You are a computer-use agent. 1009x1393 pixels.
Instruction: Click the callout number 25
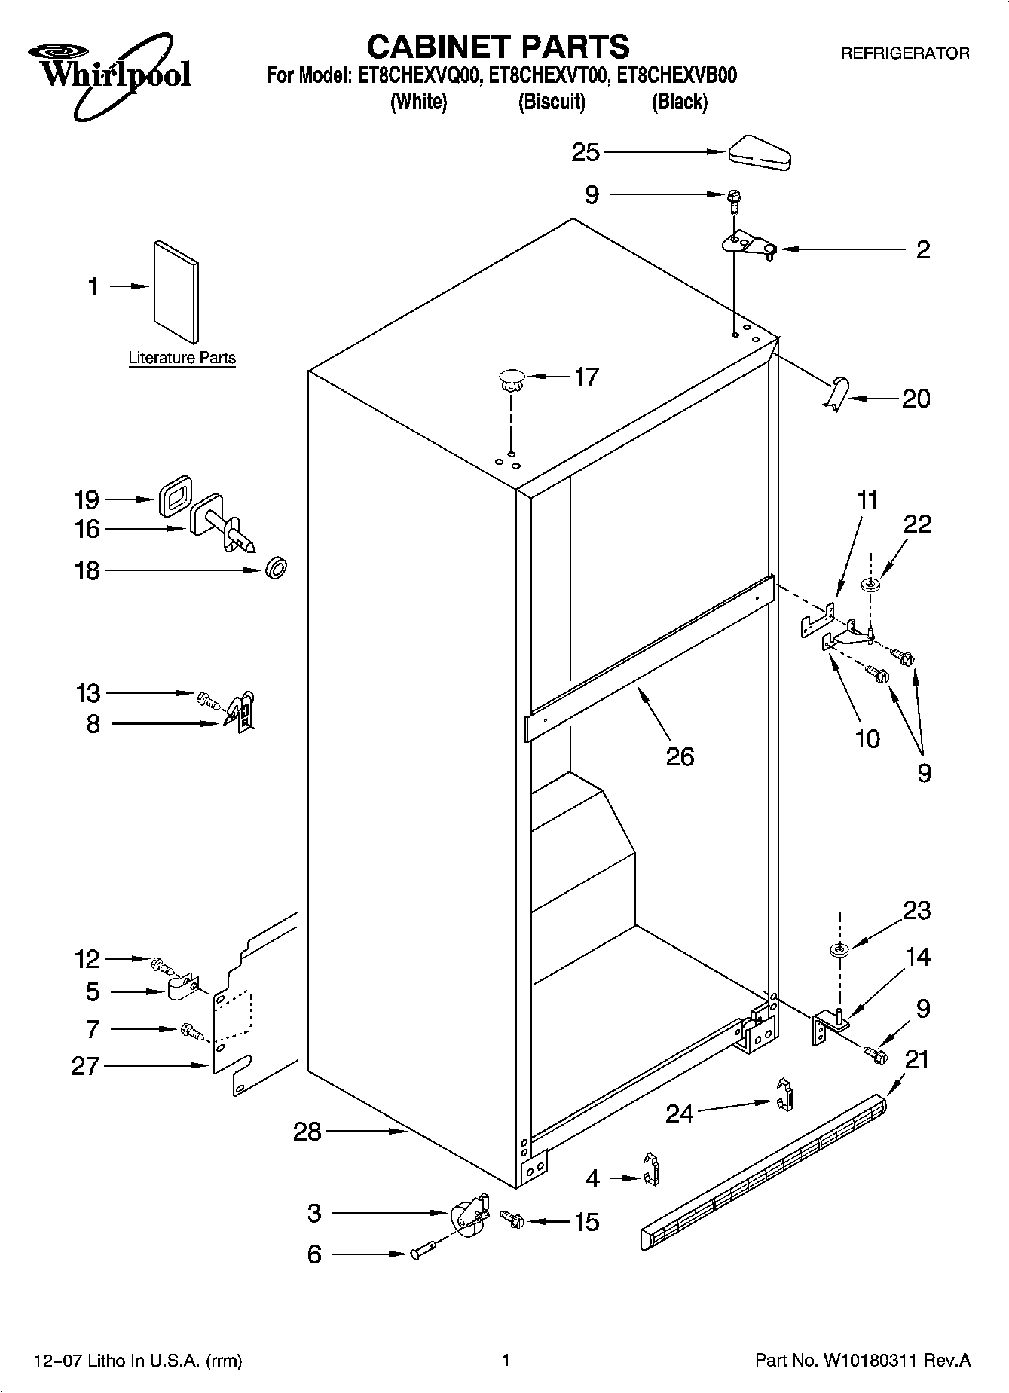point(586,153)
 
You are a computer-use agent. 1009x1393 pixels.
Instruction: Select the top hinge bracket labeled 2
point(748,245)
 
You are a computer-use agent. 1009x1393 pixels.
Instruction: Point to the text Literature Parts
point(182,359)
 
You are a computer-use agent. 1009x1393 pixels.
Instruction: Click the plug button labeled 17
point(511,379)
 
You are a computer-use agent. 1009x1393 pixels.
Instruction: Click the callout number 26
point(679,756)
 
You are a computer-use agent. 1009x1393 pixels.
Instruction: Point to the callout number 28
point(307,1132)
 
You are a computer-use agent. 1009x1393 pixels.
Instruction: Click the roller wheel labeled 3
point(467,1217)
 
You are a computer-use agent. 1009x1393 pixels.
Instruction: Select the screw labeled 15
point(514,1219)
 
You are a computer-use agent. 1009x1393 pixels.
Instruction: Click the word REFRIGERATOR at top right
point(904,53)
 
